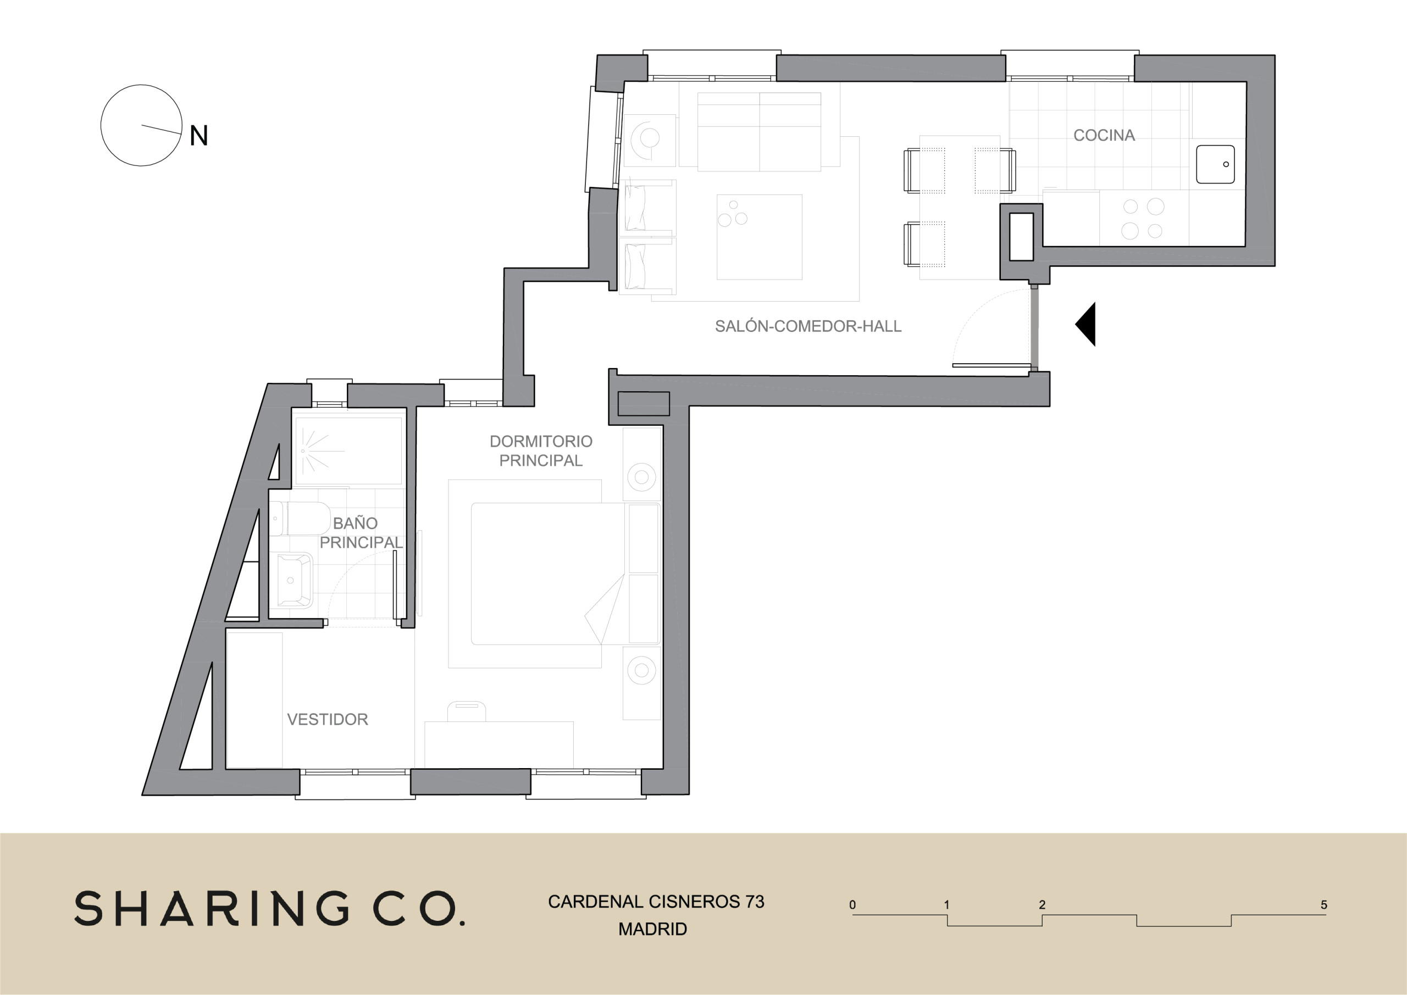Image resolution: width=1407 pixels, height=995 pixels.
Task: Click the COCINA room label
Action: [x=1104, y=135]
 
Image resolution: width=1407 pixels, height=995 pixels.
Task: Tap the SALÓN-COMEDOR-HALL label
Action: [x=808, y=326]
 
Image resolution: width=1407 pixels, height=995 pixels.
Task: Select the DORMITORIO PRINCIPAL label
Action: [x=541, y=451]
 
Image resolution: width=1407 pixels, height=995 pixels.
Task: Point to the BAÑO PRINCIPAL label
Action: [x=361, y=532]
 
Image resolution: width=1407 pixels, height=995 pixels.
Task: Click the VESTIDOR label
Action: [x=328, y=719]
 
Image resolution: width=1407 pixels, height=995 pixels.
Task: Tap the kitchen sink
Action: [x=1215, y=164]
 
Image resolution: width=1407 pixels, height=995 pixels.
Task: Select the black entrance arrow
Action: [x=1086, y=324]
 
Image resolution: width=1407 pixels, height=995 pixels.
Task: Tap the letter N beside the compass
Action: [x=198, y=135]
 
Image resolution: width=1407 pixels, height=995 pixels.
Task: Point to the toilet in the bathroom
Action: [x=300, y=518]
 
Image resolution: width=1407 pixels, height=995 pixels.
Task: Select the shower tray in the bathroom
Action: [x=348, y=451]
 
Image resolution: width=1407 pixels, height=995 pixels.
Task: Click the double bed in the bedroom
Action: [x=549, y=574]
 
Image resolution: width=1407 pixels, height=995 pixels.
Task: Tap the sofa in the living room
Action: [x=759, y=132]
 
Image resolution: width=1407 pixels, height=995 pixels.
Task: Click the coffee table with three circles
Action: [x=759, y=237]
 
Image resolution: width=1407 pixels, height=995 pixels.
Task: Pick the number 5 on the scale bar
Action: [x=1323, y=905]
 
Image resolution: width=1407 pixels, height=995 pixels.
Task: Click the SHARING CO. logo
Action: [x=270, y=909]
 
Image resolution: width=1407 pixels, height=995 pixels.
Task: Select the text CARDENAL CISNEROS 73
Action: [x=656, y=902]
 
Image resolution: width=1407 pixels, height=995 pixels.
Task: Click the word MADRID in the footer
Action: [x=652, y=930]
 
